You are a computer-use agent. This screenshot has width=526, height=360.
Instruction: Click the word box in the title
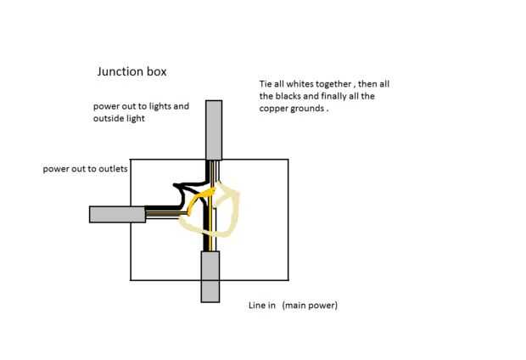(157, 71)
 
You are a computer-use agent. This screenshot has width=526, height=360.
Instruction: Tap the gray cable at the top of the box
(214, 130)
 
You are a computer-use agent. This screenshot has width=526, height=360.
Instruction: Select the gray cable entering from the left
(117, 214)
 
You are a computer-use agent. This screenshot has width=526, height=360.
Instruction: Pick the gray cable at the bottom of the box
(210, 277)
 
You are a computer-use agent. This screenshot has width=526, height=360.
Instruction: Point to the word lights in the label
(159, 106)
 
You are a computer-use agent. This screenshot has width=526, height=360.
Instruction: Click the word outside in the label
(109, 118)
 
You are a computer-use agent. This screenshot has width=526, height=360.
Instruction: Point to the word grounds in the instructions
(308, 109)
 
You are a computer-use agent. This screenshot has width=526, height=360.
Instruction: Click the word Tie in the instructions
(266, 83)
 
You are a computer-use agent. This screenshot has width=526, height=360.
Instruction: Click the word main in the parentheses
(294, 306)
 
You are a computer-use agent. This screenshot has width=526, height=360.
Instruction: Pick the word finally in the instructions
(335, 97)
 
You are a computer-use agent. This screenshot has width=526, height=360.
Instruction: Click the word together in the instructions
(333, 84)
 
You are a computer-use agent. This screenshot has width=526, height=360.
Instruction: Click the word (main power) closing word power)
(324, 306)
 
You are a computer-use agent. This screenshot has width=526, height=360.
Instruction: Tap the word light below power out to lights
(136, 119)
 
